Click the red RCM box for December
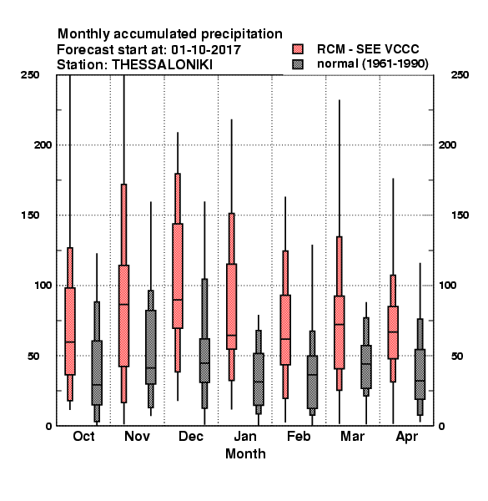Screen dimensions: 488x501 (178, 276)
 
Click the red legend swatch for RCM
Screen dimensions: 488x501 (298, 49)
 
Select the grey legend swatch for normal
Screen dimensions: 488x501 (298, 64)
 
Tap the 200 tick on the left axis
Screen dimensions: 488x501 (43, 144)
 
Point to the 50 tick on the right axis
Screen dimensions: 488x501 (457, 356)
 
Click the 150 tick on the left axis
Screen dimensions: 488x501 (30, 215)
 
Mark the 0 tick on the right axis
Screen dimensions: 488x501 (441, 426)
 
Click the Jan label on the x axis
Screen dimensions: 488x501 (245, 436)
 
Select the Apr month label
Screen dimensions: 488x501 (406, 437)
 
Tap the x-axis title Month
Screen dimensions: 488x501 (245, 453)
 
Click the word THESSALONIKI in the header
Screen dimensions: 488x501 (162, 65)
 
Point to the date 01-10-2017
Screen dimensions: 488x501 (206, 50)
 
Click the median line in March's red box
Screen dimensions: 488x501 (340, 324)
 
